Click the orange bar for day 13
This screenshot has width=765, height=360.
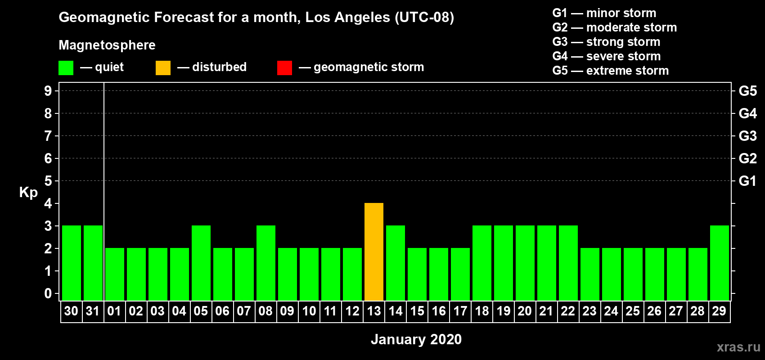(x=373, y=252)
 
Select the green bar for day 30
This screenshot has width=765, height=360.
(x=72, y=263)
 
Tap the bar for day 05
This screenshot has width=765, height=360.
(x=201, y=263)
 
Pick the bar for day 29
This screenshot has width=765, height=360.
(x=719, y=263)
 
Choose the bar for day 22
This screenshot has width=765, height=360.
(x=568, y=263)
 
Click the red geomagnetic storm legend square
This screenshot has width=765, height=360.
(x=284, y=67)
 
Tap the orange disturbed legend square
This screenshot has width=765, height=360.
(x=163, y=67)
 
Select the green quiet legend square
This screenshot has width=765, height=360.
(x=66, y=67)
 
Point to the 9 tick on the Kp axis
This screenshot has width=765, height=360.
(x=48, y=91)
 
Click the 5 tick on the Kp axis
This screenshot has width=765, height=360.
(x=48, y=181)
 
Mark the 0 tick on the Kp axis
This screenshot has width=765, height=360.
(x=48, y=293)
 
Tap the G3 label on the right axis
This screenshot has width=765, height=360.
(x=747, y=136)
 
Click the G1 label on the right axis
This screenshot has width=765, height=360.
(x=747, y=181)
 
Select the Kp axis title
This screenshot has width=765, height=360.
(x=28, y=193)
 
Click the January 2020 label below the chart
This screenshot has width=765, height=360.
(x=416, y=339)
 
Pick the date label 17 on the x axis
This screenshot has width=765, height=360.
(x=460, y=311)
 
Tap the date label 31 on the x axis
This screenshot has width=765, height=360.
(x=93, y=311)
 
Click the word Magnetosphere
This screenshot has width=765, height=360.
(x=107, y=45)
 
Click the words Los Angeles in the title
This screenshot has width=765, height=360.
(x=347, y=18)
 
